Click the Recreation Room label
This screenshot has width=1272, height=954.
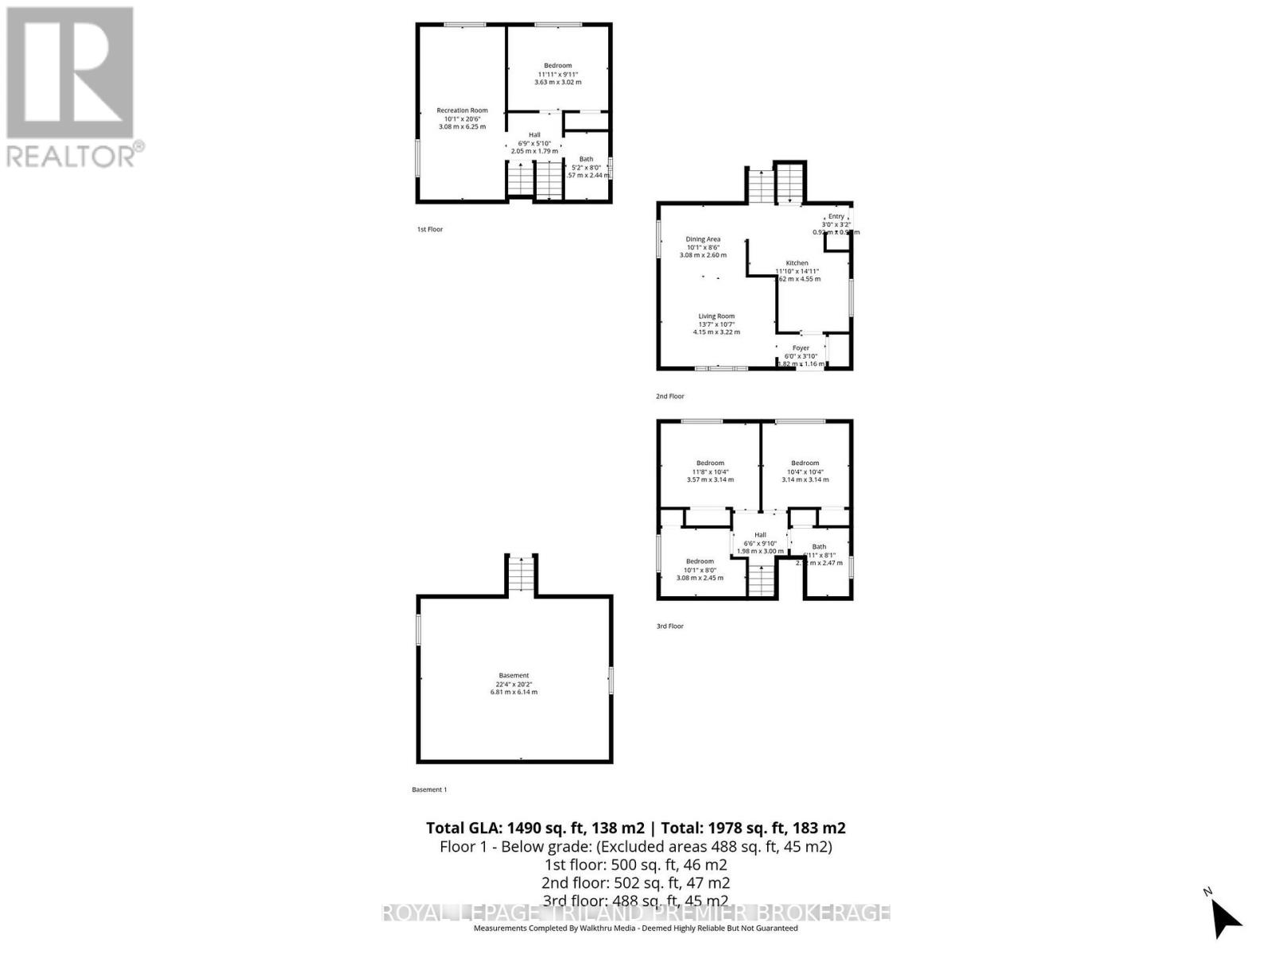pos(462,111)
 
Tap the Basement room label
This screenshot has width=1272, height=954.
pos(514,676)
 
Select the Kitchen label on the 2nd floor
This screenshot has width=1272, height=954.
pos(797,263)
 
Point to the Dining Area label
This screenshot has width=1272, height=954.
pos(703,239)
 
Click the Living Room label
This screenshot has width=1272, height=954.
pos(716,316)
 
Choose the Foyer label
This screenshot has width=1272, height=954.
pos(801,348)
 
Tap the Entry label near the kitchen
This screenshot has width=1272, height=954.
pos(836,216)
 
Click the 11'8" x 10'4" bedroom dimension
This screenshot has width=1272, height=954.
pos(710,471)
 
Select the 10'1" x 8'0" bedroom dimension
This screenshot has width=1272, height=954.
pos(700,569)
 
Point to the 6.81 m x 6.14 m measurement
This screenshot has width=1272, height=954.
pos(514,692)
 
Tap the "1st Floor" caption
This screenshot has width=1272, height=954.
pos(430,230)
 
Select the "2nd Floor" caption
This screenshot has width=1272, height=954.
pos(670,396)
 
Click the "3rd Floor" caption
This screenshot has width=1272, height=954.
pos(670,626)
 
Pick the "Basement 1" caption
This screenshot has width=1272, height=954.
pos(429,789)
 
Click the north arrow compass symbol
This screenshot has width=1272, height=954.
pos(1225,918)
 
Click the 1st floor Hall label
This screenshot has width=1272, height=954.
pos(534,135)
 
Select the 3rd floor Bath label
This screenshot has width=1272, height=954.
pos(819,547)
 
